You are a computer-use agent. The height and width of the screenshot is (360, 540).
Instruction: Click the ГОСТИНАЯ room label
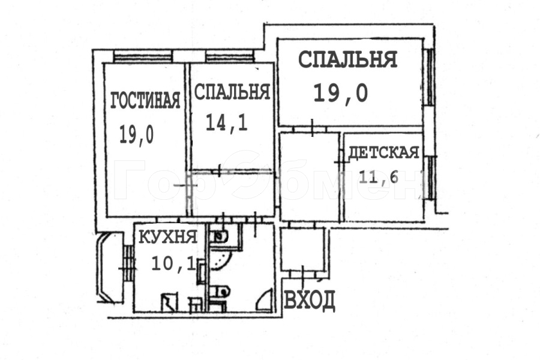pos(145,100)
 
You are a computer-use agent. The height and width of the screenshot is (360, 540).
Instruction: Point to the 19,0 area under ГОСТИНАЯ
pos(136,134)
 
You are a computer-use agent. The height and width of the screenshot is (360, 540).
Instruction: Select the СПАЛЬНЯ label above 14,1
pos(232,92)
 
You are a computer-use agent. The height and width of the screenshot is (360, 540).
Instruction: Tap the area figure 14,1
pos(227,122)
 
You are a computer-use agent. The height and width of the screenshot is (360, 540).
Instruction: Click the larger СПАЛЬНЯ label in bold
pos(348,59)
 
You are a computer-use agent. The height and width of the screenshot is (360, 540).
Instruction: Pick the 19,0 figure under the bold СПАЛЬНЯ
pos(341,93)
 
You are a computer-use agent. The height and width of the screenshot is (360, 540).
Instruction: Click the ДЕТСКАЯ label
pos(383,152)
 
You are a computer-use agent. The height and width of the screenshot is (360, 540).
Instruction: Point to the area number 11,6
pos(379,177)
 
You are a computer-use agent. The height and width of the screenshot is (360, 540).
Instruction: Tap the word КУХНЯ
pos(168,237)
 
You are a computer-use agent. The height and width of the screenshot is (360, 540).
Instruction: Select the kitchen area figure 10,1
pos(173,263)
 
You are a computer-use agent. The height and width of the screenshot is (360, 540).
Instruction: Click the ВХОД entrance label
pos(309,300)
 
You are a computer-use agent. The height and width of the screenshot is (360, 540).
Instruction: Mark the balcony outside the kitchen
pos(110,268)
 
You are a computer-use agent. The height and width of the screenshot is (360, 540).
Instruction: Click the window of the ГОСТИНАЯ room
pos(143,56)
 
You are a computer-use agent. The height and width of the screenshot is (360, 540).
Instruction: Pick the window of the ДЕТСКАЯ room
pos(430,178)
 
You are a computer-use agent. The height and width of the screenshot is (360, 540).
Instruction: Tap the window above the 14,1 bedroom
pos(230,56)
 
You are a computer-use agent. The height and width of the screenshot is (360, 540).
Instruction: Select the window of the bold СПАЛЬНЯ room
pos(430,77)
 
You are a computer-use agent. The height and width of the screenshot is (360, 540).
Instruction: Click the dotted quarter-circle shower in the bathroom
pos(220,259)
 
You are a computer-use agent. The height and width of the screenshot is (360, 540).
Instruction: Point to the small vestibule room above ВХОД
pos(302,250)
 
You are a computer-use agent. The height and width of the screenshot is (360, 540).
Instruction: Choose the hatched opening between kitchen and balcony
pos(128,263)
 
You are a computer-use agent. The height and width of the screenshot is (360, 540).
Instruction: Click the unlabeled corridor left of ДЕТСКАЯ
pos(310,176)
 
